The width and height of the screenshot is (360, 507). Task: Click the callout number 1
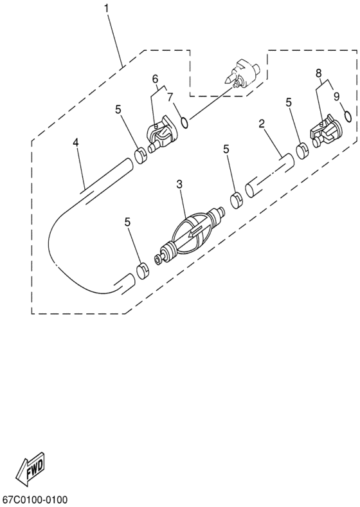106,8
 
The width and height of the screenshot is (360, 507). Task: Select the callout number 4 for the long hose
76,143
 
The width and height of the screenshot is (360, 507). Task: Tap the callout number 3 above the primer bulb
179,184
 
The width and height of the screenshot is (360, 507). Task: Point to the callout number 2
262,124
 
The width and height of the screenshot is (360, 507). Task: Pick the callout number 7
170,97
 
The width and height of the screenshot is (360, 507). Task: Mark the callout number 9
336,96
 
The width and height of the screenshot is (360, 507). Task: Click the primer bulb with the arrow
192,234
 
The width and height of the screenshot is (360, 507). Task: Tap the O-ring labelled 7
185,122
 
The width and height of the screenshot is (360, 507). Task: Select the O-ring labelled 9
348,116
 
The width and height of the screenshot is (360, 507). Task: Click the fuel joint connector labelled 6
160,134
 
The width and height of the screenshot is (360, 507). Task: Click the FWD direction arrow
32,466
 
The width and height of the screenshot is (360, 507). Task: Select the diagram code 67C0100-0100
35,500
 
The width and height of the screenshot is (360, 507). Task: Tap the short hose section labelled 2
270,174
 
